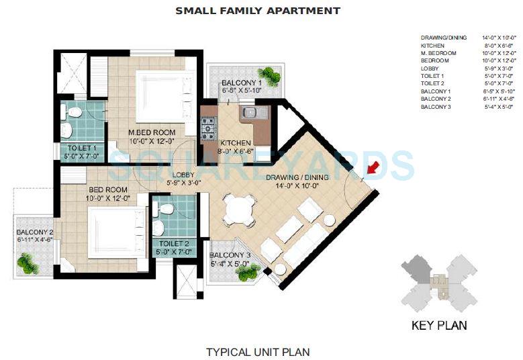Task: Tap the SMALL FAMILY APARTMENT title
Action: pos(258,11)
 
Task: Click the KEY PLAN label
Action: pos(438,326)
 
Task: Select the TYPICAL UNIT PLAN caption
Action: pos(258,351)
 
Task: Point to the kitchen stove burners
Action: pos(209,125)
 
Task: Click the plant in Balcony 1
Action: pos(268,74)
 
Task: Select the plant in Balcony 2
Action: pos(28,263)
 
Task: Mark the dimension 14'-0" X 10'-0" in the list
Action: pos(497,38)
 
